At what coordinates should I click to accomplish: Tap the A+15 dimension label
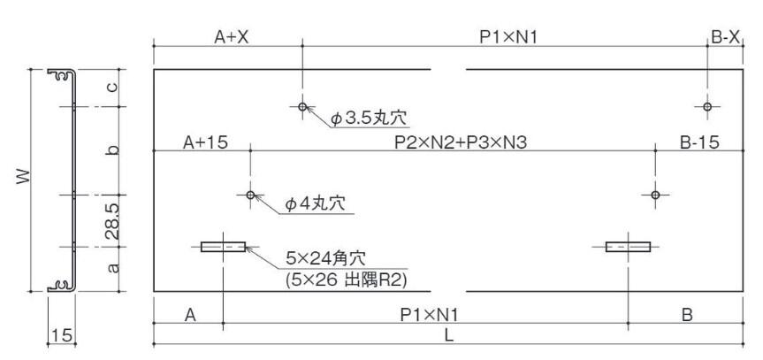point(205,142)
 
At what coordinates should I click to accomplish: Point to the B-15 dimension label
point(697,142)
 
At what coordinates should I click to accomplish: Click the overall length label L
point(450,335)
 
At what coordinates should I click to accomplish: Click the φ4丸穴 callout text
point(315,204)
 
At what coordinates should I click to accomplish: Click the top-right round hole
point(706,107)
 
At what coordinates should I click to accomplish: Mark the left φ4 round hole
point(250,195)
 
